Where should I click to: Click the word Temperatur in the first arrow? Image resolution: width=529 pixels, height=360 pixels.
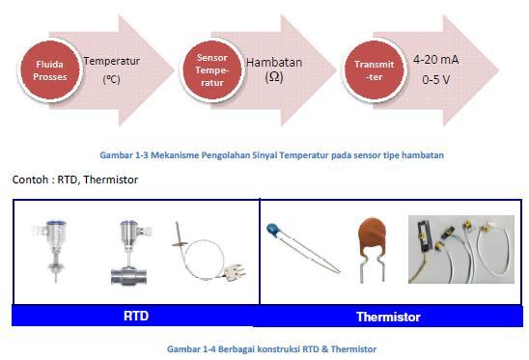pyautogui.click(x=111, y=61)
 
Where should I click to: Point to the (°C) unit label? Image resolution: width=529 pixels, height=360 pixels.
pyautogui.click(x=112, y=81)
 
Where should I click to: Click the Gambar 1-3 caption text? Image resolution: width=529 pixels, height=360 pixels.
pyautogui.click(x=271, y=154)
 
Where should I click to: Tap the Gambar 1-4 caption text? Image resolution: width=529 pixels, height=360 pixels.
pyautogui.click(x=271, y=348)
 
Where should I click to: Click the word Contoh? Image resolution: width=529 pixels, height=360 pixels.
pyautogui.click(x=30, y=180)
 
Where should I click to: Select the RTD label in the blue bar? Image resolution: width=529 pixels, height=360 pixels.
pyautogui.click(x=136, y=316)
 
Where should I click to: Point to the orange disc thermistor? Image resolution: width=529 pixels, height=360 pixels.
pyautogui.click(x=371, y=244)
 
